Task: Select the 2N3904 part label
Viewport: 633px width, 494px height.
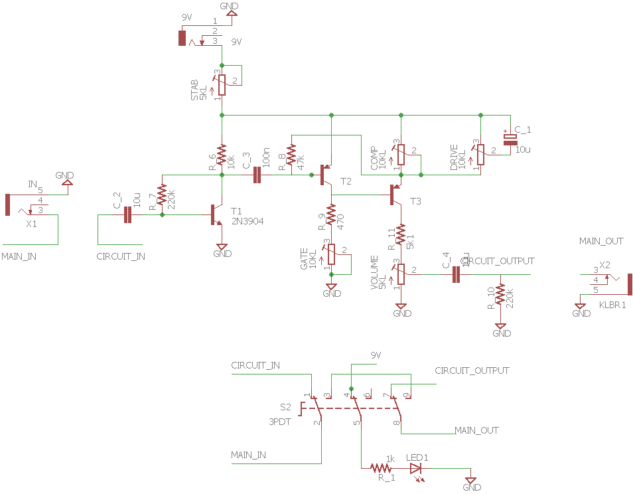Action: (247, 221)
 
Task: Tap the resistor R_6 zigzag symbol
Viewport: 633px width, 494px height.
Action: (222, 157)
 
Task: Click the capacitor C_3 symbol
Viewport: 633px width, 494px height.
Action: (257, 175)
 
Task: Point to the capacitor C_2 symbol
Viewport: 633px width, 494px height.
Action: (128, 215)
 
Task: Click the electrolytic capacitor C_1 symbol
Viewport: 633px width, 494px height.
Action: (510, 139)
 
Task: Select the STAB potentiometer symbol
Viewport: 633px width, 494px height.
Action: (222, 82)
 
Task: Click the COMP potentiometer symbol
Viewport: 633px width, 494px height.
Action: (401, 154)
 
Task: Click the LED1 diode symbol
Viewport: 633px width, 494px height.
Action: (416, 467)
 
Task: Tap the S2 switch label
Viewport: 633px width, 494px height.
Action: (285, 407)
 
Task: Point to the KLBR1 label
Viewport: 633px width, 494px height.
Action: (612, 305)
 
